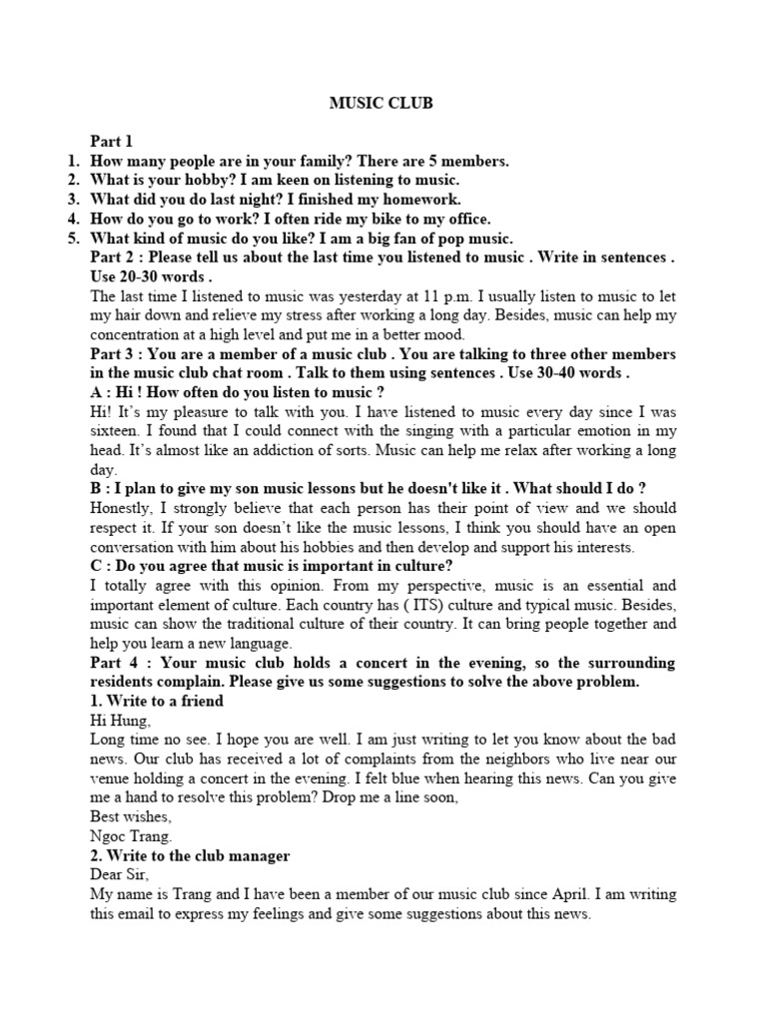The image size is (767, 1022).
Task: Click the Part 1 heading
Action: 111,142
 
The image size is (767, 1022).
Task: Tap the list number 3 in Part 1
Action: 73,199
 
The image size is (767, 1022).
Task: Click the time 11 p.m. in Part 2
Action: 418,296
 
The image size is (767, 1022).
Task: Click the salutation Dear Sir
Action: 118,875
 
